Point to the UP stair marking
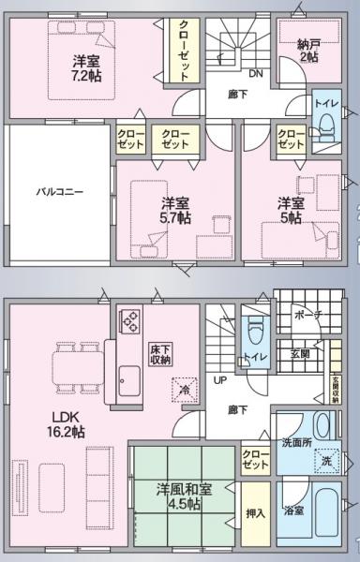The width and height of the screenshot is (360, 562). tap(221, 380)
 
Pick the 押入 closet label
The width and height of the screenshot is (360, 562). tap(253, 514)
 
